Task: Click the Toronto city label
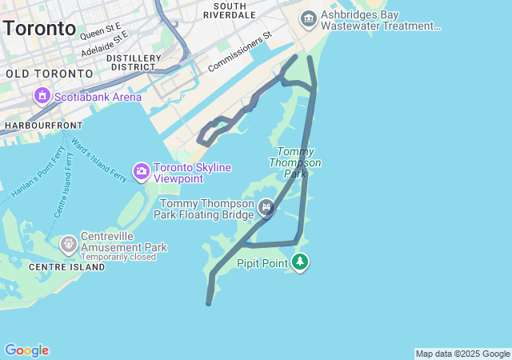tap(39, 29)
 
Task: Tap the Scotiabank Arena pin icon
tap(42, 97)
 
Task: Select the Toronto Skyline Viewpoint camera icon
tap(142, 171)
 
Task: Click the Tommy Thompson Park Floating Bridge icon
tap(266, 209)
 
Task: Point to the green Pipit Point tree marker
tap(300, 262)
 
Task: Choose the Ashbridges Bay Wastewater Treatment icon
tap(309, 18)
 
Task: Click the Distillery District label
tap(134, 62)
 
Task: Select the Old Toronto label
tap(49, 74)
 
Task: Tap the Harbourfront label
tap(43, 126)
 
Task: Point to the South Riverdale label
tap(235, 10)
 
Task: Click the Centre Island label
tap(67, 267)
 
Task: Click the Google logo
tap(26, 350)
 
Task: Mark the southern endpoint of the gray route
tap(209, 303)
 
